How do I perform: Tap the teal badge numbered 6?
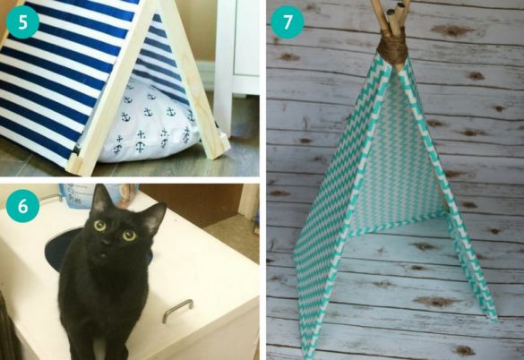(22, 206)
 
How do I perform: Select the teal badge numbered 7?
(288, 21)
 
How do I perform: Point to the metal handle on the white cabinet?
(177, 309)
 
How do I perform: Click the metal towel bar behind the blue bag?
(125, 191)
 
